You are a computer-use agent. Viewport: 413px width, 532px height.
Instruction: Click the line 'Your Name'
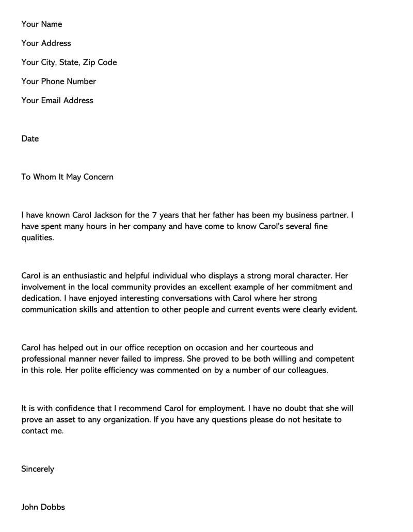pyautogui.click(x=42, y=24)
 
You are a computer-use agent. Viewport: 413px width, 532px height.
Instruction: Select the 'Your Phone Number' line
pyautogui.click(x=59, y=82)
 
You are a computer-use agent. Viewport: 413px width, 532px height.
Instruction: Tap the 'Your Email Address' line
pyautogui.click(x=57, y=101)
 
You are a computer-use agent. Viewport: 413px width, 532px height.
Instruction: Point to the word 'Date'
pyautogui.click(x=30, y=139)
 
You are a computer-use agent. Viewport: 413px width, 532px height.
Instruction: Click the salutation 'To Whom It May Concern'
pyautogui.click(x=67, y=177)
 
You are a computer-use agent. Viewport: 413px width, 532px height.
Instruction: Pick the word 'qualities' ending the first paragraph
pyautogui.click(x=37, y=238)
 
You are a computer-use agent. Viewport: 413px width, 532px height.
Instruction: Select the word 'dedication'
pyautogui.click(x=41, y=299)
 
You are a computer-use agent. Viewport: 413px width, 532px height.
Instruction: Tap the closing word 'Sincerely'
pyautogui.click(x=38, y=470)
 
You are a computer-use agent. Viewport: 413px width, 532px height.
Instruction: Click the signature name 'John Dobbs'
pyautogui.click(x=43, y=507)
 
